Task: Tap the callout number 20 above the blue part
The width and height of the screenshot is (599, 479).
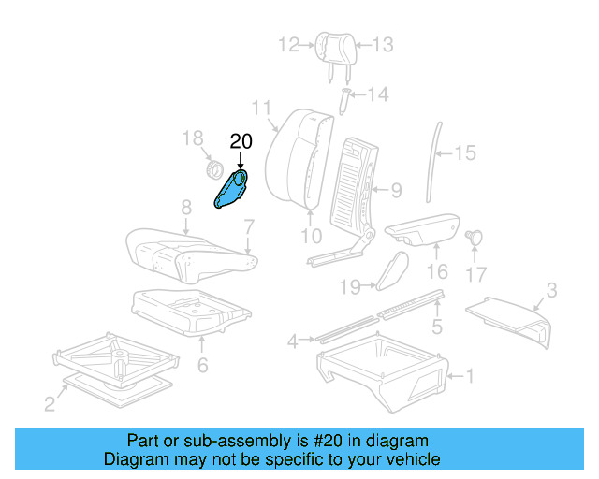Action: (x=241, y=141)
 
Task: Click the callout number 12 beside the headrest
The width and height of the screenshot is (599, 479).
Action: (x=288, y=43)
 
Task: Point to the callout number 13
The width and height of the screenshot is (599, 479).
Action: (x=383, y=44)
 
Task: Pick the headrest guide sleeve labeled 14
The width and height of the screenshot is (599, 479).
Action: (x=343, y=100)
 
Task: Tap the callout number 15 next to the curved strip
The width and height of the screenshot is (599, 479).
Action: (x=465, y=152)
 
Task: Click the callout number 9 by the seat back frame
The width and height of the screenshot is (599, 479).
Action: (x=395, y=191)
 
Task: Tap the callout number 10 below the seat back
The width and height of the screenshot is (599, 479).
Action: (x=312, y=236)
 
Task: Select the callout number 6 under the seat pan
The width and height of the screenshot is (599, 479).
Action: (x=203, y=364)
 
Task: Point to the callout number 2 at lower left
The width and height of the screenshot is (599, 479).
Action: (x=50, y=403)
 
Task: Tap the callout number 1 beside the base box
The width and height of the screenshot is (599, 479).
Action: (x=471, y=377)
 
